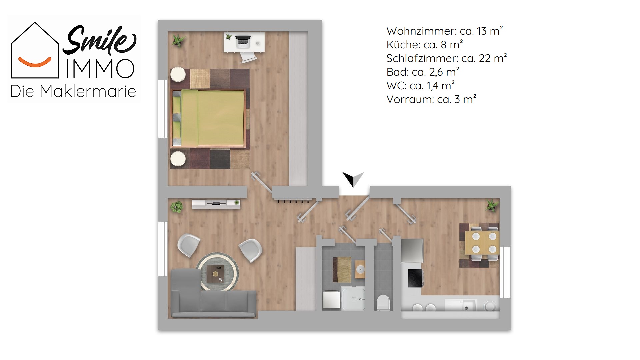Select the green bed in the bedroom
pos(209,118)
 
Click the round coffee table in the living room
pos(217,272)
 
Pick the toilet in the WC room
pos(383,302)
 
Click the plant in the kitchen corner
pos(491,205)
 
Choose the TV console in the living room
pos(216,204)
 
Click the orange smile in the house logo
pos(35,62)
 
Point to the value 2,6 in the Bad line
pos(436,72)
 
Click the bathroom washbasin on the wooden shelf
pos(360,269)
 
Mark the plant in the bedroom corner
pos(178,41)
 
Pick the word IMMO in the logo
pos(100,69)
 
